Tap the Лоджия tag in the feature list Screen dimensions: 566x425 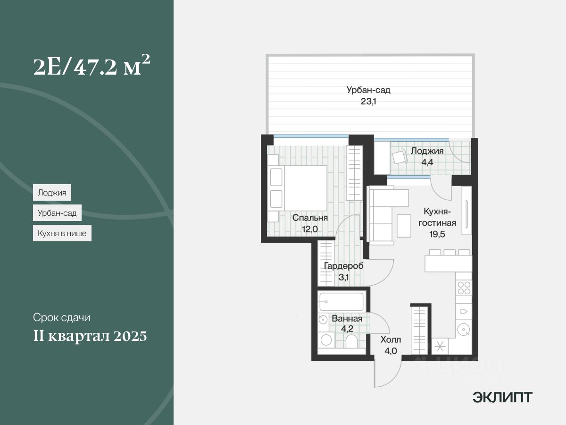pyautogui.click(x=52, y=193)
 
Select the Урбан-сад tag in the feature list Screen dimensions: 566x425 pyautogui.click(x=57, y=213)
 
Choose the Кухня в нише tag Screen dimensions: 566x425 pyautogui.click(x=62, y=233)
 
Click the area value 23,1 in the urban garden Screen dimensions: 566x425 pyautogui.click(x=368, y=102)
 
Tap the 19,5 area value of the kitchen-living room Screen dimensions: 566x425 pyautogui.click(x=437, y=234)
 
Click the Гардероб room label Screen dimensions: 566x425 pyautogui.click(x=344, y=266)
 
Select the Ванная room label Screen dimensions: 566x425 pyautogui.click(x=347, y=318)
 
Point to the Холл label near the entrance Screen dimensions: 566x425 pyautogui.click(x=391, y=340)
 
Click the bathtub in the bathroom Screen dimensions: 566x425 pyautogui.click(x=341, y=301)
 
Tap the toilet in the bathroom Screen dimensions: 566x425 pyautogui.click(x=351, y=341)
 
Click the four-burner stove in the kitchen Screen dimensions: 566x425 pyautogui.click(x=464, y=288)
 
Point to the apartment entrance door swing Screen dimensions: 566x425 pyautogui.click(x=388, y=374)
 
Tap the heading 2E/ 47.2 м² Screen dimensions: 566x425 pyautogui.click(x=92, y=66)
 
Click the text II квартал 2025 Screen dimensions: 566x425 pyautogui.click(x=90, y=336)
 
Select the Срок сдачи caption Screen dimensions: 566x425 pyautogui.click(x=62, y=317)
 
